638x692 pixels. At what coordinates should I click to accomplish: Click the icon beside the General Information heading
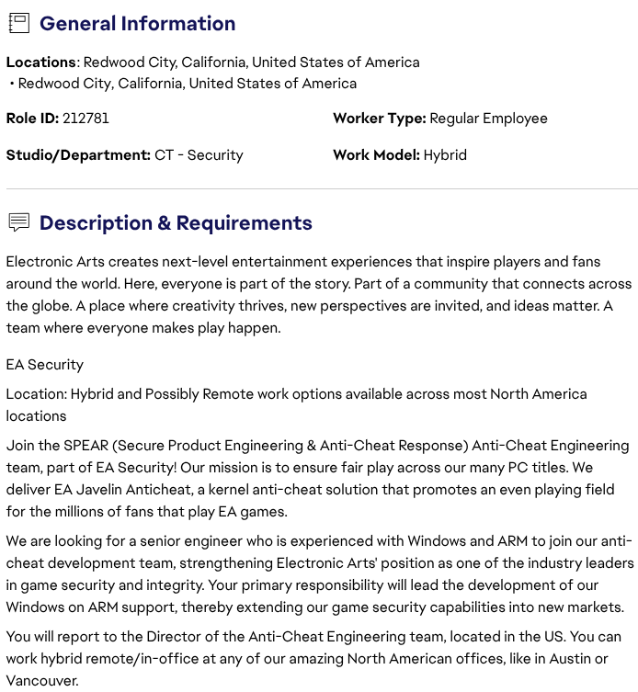[x=18, y=24]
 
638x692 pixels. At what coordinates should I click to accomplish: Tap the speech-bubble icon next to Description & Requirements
[x=18, y=222]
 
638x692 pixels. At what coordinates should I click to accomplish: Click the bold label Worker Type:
[x=379, y=119]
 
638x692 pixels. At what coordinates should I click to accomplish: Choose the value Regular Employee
[x=488, y=119]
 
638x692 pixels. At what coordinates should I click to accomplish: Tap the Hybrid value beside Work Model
[x=445, y=155]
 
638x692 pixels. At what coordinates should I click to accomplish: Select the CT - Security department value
[x=199, y=155]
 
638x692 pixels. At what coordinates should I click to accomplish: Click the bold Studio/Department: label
[x=78, y=155]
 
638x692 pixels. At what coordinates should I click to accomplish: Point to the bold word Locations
[x=41, y=62]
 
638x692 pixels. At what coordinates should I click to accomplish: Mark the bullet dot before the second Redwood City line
[x=11, y=84]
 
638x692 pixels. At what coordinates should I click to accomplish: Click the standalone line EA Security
[x=44, y=365]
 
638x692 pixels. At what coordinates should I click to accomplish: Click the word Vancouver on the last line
[x=42, y=681]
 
